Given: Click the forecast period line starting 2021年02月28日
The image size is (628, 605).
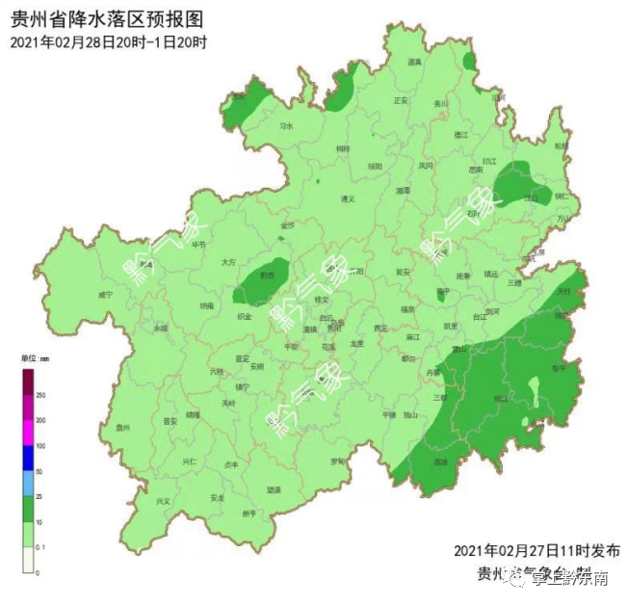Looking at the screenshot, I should pos(109,42).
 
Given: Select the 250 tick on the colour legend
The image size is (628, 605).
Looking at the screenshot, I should pos(41,395).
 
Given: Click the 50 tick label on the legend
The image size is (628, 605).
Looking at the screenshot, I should pos(40,472).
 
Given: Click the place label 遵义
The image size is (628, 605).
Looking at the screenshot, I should pos(348,199).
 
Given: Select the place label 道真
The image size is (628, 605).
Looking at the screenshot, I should pos(414,63).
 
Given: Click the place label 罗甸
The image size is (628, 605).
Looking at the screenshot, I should pos(338,461).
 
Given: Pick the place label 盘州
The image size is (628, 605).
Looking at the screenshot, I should pos(122,428).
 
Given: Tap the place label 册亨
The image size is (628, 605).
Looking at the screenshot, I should pos(249,513).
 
